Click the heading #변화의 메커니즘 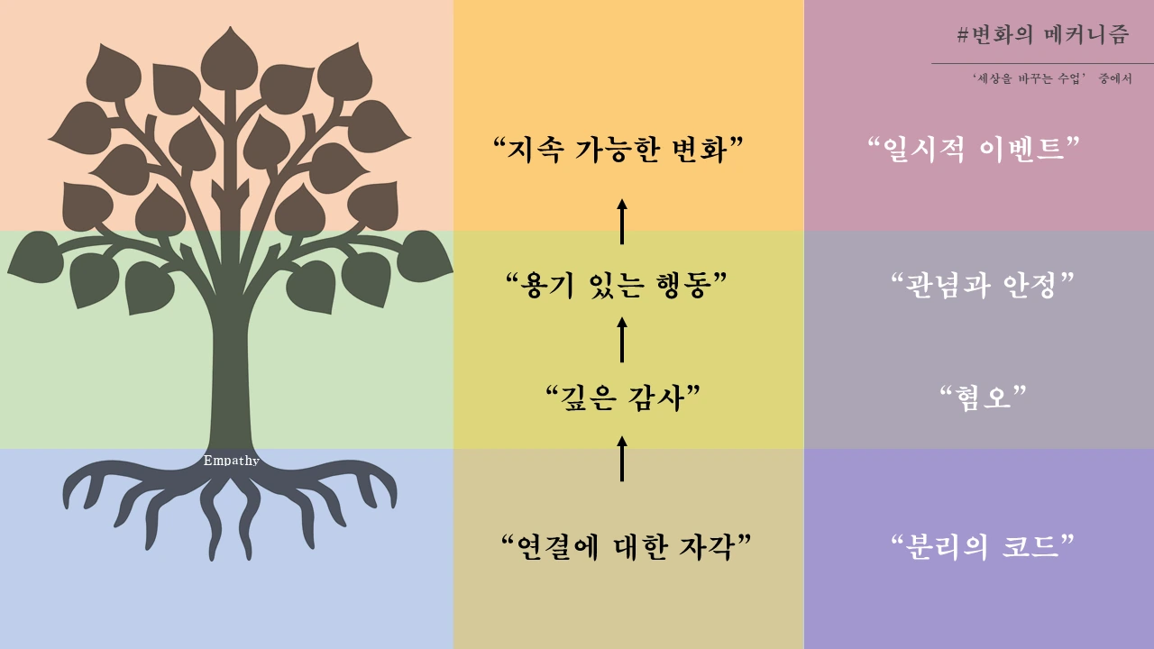(1043, 35)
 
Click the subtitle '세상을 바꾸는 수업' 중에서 (1052, 79)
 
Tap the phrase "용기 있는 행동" (618, 287)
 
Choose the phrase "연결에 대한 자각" (626, 546)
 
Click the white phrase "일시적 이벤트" (973, 150)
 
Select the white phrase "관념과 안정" (982, 287)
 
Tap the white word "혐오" (984, 397)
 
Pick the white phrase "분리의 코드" (982, 546)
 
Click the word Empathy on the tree (231, 461)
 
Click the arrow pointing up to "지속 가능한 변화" (622, 222)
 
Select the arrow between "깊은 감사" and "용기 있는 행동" (622, 339)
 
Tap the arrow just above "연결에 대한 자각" (622, 458)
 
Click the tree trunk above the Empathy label (231, 379)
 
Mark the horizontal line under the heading (1042, 64)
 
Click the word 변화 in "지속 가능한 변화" (707, 150)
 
